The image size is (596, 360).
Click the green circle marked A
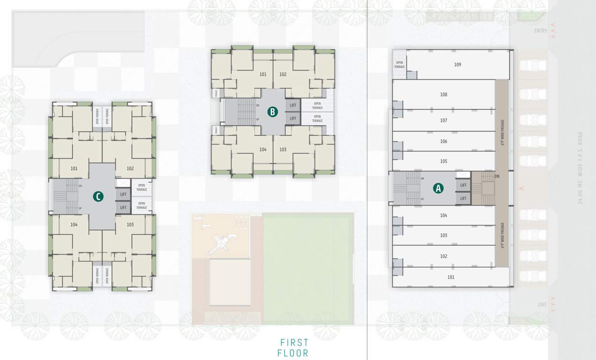(x=438, y=188)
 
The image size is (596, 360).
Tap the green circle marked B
(x=273, y=112)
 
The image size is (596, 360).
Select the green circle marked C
(x=97, y=196)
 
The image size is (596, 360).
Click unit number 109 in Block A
(x=457, y=65)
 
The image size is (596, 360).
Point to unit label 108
(x=444, y=95)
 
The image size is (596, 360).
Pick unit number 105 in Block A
(x=444, y=161)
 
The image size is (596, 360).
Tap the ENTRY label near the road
(x=540, y=31)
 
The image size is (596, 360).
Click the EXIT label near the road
(x=542, y=305)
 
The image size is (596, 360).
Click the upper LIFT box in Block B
(x=293, y=105)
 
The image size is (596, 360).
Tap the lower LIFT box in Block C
(x=123, y=207)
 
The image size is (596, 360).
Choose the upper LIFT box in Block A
(x=463, y=185)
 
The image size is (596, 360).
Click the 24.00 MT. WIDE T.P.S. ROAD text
(x=580, y=168)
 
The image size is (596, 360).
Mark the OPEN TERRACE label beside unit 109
(x=399, y=65)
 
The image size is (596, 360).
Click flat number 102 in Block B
(x=283, y=75)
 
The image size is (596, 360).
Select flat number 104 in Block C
(x=74, y=225)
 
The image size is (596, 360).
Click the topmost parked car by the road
(x=533, y=65)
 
